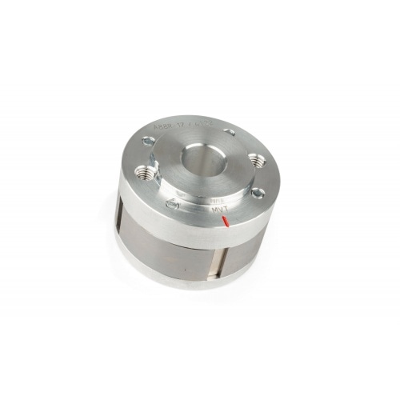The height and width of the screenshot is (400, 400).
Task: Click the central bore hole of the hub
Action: tap(204, 158)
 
